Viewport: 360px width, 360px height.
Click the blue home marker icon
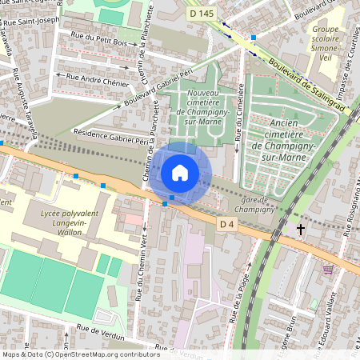[x=180, y=173]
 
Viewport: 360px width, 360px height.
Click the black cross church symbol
[x=301, y=230]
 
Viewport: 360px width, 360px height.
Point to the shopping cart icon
[x=328, y=270]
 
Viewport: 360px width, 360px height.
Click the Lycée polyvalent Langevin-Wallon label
[x=71, y=224]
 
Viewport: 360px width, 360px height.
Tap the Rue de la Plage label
[x=237, y=298]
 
